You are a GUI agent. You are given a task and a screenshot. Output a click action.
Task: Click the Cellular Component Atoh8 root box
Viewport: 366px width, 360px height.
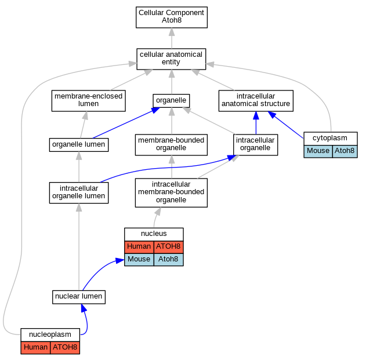point(172,17)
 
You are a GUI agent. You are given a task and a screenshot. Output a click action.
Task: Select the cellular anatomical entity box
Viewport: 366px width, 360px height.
point(171,59)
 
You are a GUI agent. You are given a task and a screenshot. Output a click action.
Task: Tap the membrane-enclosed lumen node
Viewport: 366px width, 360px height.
point(89,101)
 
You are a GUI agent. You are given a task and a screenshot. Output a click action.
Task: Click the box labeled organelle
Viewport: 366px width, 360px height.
point(171,101)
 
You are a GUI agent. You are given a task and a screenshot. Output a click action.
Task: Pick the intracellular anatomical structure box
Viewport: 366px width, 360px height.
point(256,101)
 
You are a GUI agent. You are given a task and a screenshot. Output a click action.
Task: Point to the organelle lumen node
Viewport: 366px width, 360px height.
point(79,145)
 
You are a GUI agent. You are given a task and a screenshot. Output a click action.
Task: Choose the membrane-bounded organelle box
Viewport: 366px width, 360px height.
point(171,145)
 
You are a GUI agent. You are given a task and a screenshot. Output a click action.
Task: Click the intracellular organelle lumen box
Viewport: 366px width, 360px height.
point(79,192)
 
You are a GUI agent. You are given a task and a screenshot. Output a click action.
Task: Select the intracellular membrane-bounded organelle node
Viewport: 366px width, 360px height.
point(171,192)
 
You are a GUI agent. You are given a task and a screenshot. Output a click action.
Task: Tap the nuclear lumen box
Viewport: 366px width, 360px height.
point(79,297)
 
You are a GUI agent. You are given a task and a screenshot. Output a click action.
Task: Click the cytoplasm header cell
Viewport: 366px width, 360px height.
point(331,139)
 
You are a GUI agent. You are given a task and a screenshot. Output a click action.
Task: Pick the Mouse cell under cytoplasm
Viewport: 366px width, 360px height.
point(318,151)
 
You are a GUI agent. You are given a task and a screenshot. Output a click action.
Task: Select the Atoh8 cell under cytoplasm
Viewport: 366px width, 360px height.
point(345,151)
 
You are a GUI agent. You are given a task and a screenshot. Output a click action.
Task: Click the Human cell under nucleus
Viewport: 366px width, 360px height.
point(139,247)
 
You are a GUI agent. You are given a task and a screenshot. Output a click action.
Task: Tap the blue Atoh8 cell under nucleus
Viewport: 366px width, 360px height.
point(169,260)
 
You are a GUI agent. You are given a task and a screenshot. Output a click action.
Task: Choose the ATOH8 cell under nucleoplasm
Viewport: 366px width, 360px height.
point(65,348)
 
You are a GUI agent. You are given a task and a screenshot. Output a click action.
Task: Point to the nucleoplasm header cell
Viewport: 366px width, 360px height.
point(50,335)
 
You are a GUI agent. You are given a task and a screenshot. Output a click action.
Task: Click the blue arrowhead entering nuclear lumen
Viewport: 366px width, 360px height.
point(84,308)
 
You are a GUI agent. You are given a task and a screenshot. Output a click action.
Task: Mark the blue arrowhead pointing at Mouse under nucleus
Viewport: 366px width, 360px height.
point(120,261)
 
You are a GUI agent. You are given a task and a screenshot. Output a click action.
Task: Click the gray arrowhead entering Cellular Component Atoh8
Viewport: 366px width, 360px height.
point(172,32)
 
